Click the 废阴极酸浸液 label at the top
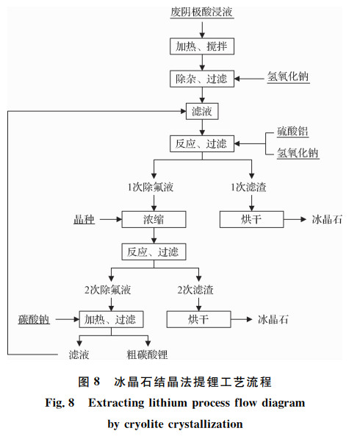pyautogui.click(x=202, y=12)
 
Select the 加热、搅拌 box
pyautogui.click(x=202, y=46)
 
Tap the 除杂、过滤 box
pyautogui.click(x=202, y=79)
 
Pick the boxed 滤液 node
pyautogui.click(x=202, y=111)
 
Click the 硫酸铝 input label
pyautogui.click(x=292, y=132)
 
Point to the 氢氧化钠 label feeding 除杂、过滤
pyautogui.click(x=288, y=76)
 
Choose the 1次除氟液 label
pyautogui.click(x=151, y=187)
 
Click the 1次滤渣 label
pyautogui.click(x=248, y=187)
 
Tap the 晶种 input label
pyautogui.click(x=84, y=219)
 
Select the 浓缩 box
pyautogui.click(x=154, y=219)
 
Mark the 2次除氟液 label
pyautogui.click(x=107, y=290)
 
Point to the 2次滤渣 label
pyautogui.click(x=195, y=290)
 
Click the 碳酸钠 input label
pyautogui.click(x=34, y=319)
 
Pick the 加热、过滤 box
pyautogui.click(x=111, y=319)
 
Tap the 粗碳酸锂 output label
pyautogui.click(x=148, y=354)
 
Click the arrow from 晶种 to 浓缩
pyautogui.click(x=111, y=219)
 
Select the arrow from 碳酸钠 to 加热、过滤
pyautogui.click(x=68, y=319)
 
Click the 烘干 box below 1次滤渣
pyautogui.click(x=251, y=219)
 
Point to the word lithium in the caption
pyautogui.click(x=168, y=402)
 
